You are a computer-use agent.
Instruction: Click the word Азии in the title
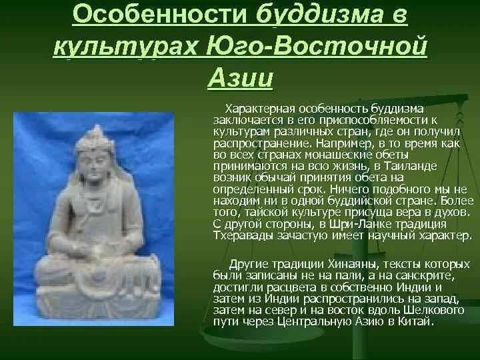240,79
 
